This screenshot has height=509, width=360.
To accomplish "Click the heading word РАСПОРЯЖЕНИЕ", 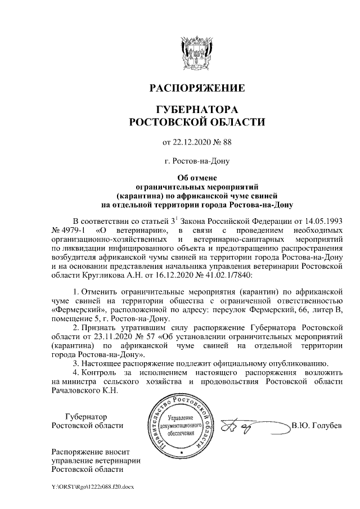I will pos(196,88).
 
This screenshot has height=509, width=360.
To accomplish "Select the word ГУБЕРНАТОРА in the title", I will pos(196,109).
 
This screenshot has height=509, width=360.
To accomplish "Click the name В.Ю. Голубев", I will pos(317,425).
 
